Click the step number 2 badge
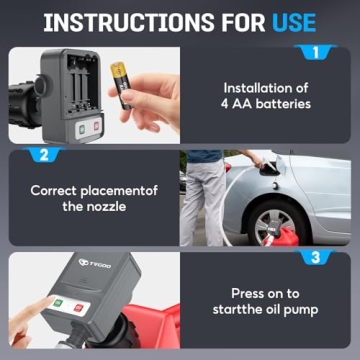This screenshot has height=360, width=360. coord(43,155)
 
